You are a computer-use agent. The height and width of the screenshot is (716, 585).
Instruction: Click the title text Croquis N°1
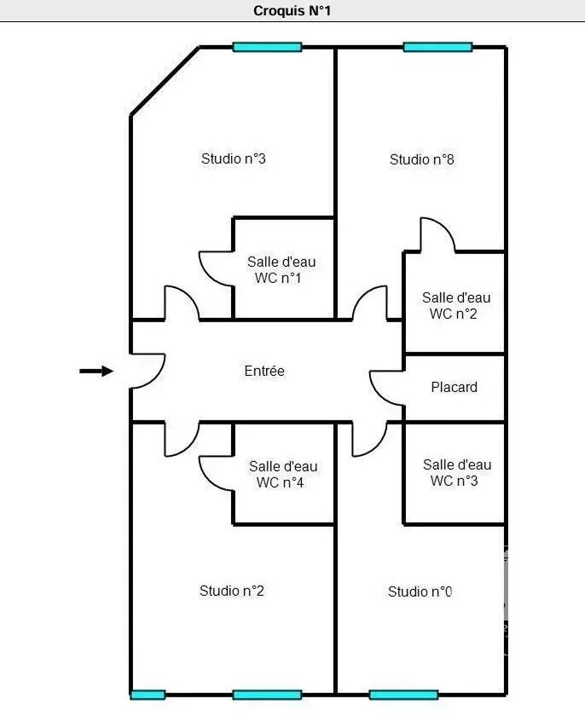pos(292,10)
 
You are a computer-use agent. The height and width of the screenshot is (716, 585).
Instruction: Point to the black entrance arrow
pos(96,371)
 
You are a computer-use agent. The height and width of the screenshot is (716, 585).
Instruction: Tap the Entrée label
pos(264,371)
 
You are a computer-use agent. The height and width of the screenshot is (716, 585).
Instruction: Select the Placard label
pos(455,387)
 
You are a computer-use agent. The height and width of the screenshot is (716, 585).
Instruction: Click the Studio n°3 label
pos(234,159)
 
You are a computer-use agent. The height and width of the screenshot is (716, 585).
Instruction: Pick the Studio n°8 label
pos(421,159)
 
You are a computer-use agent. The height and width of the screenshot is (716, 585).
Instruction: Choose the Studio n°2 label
pos(232,591)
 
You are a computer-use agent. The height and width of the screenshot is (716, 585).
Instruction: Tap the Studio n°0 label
pos(420,592)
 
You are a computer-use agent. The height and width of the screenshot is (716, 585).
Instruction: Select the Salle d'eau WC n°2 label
pos(456,305)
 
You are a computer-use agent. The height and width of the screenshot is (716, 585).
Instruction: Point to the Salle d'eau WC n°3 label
pos(457,472)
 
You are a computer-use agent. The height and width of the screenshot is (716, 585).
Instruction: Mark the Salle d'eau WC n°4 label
pos(283,475)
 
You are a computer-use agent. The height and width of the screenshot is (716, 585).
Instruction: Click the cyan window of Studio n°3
pos(267,47)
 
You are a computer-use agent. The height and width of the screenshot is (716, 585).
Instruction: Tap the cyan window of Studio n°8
pos(437,47)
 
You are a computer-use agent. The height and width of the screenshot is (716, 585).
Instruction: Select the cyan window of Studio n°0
pos(403,695)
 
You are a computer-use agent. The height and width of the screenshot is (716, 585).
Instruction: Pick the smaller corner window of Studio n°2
pos(148,695)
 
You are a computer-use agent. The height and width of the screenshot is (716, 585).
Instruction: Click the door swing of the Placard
pos(377,394)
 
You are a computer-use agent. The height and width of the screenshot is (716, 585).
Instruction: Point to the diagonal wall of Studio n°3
pos(165,81)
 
